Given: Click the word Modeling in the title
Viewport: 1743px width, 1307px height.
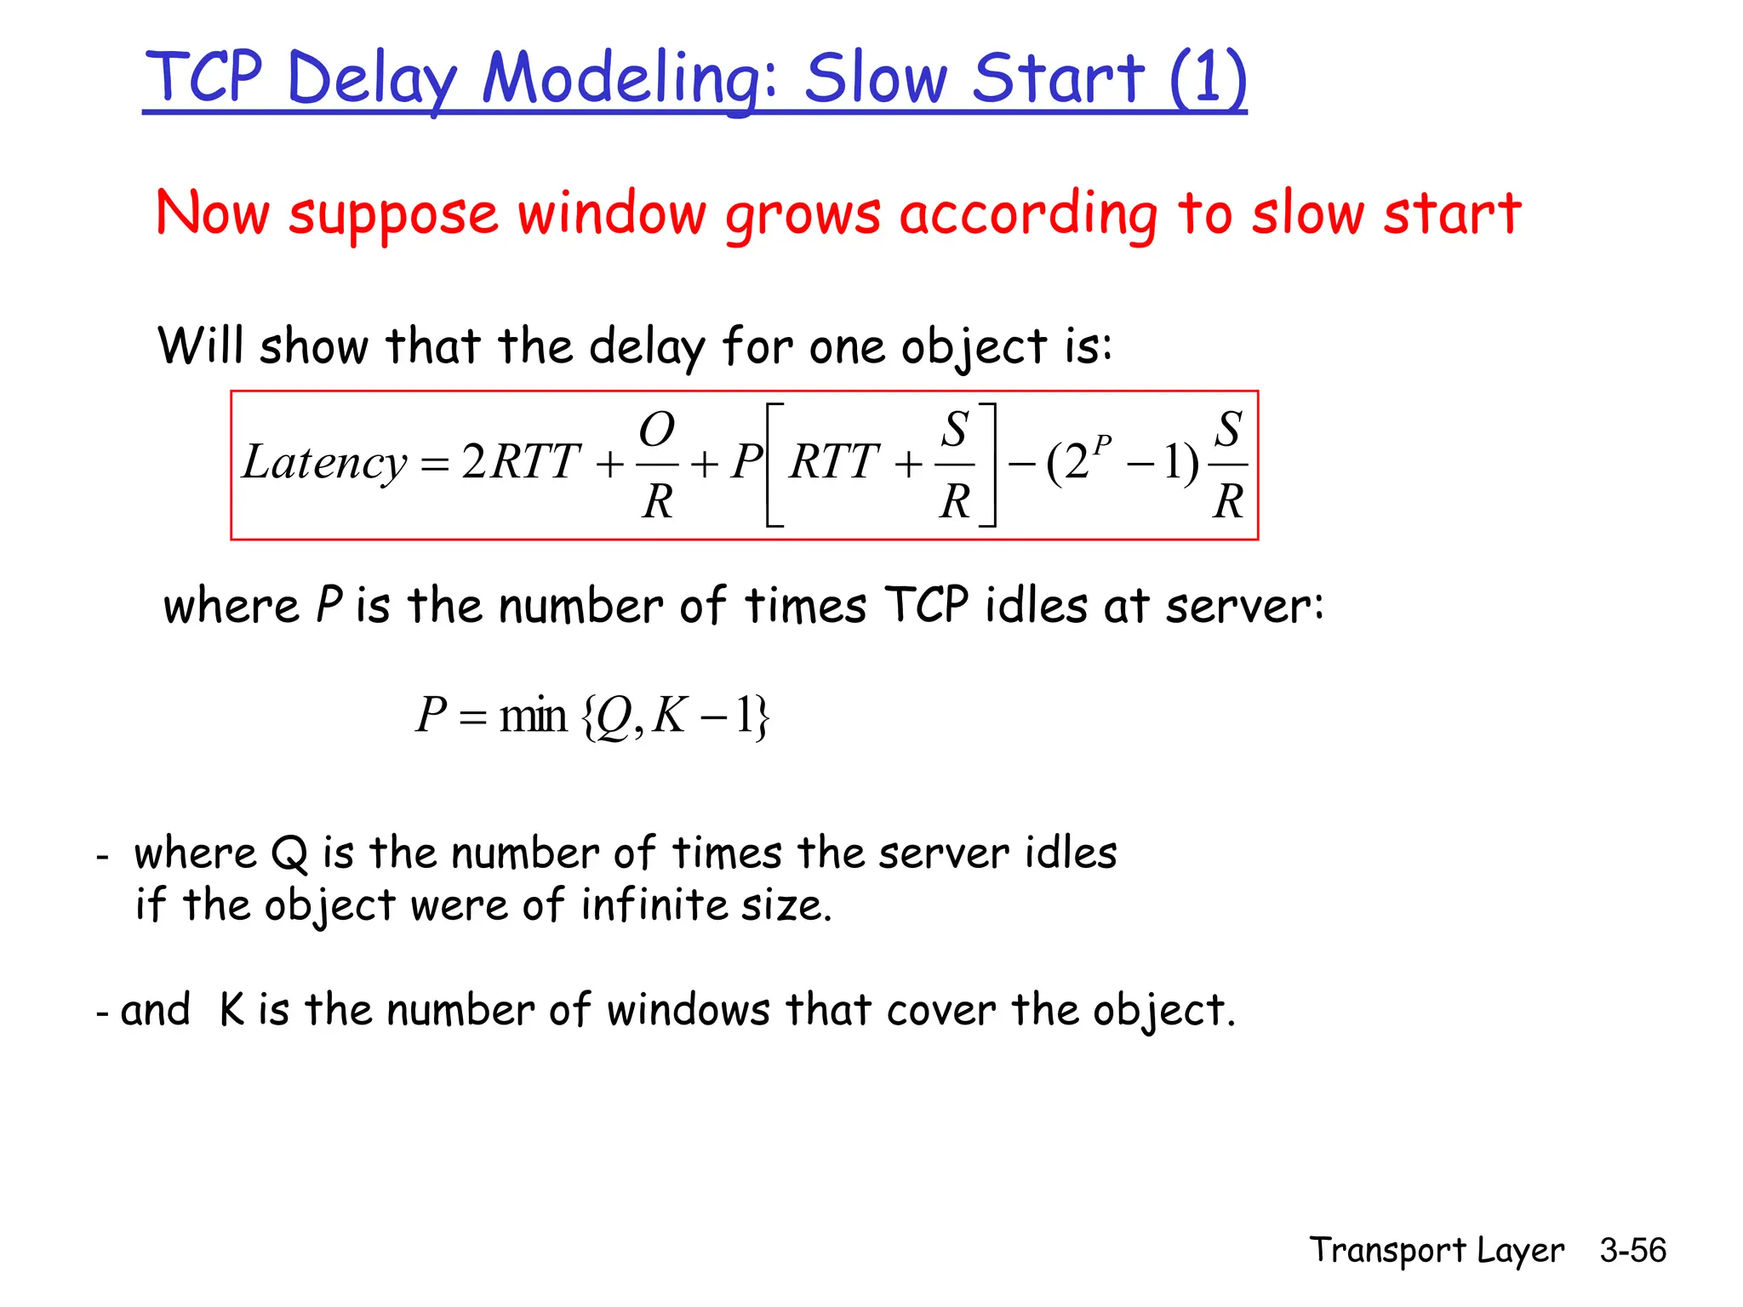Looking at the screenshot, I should [630, 78].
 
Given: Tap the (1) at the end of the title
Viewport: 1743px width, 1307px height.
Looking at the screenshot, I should [1208, 78].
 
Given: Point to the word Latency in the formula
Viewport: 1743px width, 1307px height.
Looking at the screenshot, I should [324, 463].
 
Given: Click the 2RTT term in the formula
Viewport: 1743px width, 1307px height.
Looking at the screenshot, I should [521, 463].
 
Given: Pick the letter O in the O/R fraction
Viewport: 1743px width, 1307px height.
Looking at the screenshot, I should [657, 430].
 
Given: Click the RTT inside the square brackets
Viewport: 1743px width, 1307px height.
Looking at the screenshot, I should [833, 463].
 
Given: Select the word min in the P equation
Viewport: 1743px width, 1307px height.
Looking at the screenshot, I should [533, 715].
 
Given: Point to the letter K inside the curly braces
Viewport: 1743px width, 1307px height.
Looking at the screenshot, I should [669, 715].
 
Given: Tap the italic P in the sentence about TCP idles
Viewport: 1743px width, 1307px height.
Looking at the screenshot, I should [329, 606].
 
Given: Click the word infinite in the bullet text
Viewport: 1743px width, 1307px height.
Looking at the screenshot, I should [654, 905].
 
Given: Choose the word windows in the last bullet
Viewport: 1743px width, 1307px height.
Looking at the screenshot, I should [689, 1011].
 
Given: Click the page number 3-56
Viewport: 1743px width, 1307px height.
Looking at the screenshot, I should [1632, 1250].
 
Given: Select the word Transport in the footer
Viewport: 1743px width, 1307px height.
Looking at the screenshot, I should [1387, 1250].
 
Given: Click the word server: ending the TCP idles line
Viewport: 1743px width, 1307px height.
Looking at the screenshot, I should [1244, 606].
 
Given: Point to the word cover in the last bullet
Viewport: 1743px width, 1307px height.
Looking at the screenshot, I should [940, 1011].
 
